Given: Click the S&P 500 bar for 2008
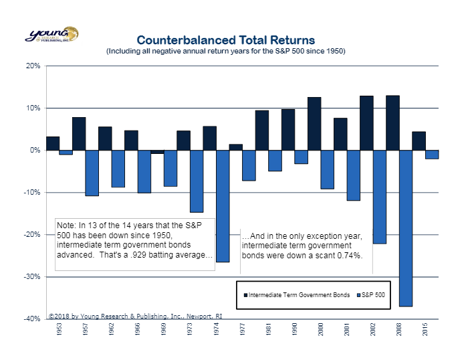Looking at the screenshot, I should point(406,228).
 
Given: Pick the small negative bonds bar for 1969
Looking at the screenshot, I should point(157,152).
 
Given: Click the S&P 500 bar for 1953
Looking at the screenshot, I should point(66,153).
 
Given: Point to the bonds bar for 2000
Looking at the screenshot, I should point(314,124).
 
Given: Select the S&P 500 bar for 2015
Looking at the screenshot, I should point(432,155).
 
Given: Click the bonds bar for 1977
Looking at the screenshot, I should point(235,147).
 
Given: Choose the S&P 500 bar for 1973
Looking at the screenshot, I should point(197,181).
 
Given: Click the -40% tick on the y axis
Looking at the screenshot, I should point(32,319).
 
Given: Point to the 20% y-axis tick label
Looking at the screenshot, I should point(33,66).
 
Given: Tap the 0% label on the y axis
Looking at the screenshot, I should point(35,151).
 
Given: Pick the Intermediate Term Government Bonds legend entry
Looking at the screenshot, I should point(297,295).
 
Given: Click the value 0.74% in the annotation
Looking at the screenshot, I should point(348,256).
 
